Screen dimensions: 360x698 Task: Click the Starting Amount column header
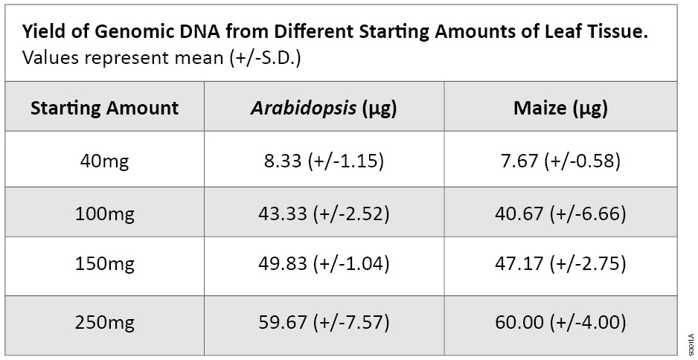pos(104,108)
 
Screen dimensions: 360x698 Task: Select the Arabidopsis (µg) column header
pos(324,108)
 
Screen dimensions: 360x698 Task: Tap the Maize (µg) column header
pos(560,108)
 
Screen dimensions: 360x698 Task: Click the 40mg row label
pos(104,161)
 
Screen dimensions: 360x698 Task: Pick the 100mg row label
pos(104,214)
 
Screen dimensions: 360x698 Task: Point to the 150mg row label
pos(104,263)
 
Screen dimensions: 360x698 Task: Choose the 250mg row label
pos(104,323)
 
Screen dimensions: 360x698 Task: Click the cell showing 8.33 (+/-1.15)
pos(324,161)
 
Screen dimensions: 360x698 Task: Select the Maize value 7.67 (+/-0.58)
pos(560,161)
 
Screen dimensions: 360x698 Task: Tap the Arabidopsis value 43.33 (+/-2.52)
pos(324,214)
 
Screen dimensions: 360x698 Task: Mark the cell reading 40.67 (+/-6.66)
pos(560,214)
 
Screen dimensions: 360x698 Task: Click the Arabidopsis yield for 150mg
pos(324,263)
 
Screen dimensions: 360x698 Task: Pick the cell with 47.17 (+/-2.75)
pos(560,263)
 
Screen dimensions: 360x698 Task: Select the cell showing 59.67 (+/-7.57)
pos(324,323)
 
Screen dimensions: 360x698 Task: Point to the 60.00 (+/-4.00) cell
pos(560,323)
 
